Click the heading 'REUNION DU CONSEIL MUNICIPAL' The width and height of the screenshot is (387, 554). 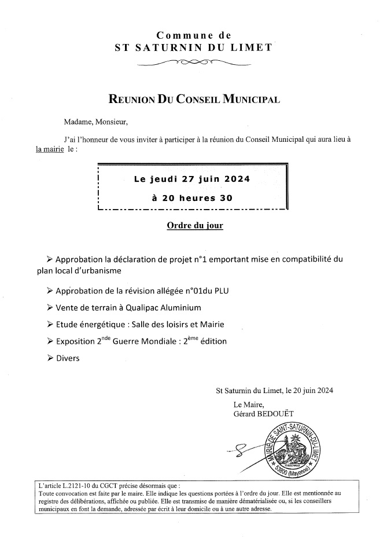click(x=194, y=99)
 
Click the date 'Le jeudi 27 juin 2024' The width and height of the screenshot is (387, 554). click(x=192, y=179)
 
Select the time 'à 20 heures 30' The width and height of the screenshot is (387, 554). click(x=192, y=198)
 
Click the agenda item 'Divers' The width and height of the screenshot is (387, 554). click(x=68, y=358)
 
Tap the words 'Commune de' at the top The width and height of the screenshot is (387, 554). click(x=194, y=36)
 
